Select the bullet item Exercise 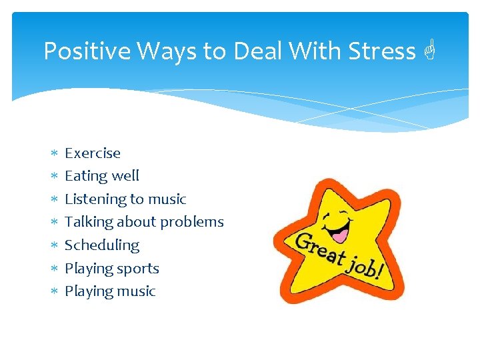click(93, 153)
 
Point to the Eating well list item click(102, 176)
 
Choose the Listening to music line click(125, 199)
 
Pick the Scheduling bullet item click(102, 245)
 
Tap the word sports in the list click(138, 269)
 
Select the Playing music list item click(110, 291)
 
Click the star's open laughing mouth click(340, 234)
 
